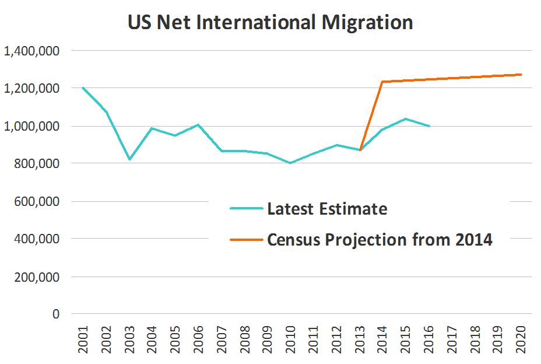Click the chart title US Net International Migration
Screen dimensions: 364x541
coord(270,22)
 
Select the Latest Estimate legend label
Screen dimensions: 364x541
coord(327,209)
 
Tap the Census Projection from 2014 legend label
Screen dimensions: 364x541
coord(380,240)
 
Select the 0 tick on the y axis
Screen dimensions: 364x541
coord(56,314)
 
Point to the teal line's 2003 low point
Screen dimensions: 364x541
coord(129,159)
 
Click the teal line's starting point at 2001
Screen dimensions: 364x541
coord(83,87)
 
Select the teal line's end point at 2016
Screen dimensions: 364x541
coord(429,126)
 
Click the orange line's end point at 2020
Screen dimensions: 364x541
coord(521,75)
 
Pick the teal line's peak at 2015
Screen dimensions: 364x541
coord(406,119)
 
